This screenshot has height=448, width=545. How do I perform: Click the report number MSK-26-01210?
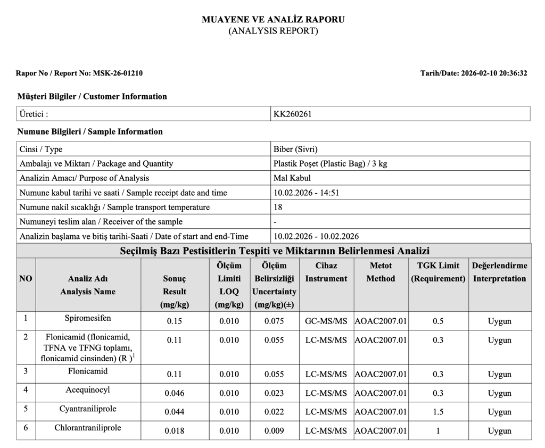[x=118, y=73]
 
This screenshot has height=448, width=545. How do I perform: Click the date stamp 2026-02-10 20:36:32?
[x=494, y=73]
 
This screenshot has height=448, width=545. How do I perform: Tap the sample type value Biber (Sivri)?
[x=295, y=150]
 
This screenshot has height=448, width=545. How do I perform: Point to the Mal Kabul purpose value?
[x=292, y=178]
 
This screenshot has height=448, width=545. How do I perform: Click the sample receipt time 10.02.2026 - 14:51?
[x=306, y=193]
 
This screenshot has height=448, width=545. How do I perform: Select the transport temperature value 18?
[x=278, y=207]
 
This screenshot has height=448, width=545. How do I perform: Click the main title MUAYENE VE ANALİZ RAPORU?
[x=273, y=20]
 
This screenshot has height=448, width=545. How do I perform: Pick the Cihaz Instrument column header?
[x=326, y=272]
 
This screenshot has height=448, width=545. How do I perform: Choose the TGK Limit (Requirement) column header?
[x=438, y=272]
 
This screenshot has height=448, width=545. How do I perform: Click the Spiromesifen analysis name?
[x=88, y=318]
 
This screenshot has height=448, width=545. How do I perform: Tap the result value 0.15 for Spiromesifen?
[x=175, y=321]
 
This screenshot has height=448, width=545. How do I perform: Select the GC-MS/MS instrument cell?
[x=326, y=321]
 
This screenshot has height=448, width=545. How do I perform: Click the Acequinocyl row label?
[x=88, y=390]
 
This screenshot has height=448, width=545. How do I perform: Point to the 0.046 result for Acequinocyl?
[x=175, y=394]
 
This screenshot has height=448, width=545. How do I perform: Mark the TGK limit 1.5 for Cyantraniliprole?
[x=438, y=412]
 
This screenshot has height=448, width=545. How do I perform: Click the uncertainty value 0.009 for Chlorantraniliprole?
[x=274, y=431]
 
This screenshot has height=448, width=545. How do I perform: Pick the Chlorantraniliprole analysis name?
[x=88, y=428]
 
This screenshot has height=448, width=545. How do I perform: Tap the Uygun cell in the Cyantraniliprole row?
[x=499, y=412]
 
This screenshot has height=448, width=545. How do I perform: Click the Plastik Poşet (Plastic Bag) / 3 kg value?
[x=330, y=164]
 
